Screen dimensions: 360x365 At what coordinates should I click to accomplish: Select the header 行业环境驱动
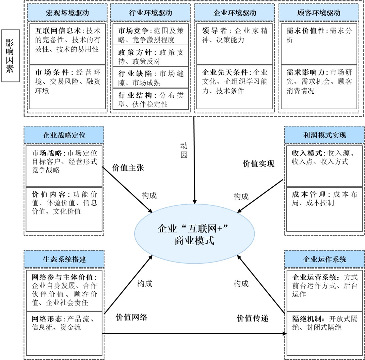pos(150,13)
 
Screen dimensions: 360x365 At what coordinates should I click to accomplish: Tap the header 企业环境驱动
pos(235,13)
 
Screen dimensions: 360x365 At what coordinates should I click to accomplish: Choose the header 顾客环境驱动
pos(318,13)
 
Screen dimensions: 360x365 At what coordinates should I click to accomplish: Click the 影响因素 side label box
pos(10,56)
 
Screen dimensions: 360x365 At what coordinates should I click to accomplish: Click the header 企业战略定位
pos(64,135)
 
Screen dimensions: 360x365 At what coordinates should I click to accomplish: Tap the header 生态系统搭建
pos(64,259)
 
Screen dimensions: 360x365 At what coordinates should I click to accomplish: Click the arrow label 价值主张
pos(128,168)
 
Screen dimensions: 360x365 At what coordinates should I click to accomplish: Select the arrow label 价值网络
pos(131,317)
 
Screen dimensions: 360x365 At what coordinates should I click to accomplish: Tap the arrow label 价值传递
pos(253,318)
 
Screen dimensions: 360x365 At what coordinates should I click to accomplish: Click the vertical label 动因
pos(184,152)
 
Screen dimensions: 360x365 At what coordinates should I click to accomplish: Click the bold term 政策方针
pos(134,52)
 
